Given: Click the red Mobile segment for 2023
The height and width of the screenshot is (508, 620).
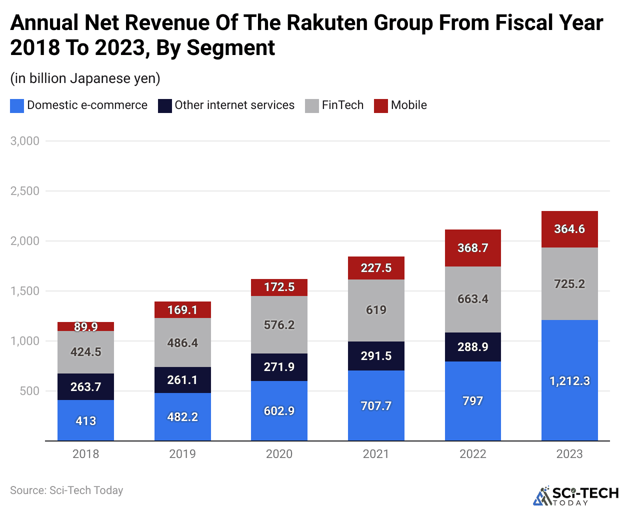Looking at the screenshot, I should (569, 229).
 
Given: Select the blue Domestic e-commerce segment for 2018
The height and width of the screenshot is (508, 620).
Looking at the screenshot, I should (85, 420).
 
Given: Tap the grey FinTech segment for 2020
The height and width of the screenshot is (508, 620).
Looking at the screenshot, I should (279, 324).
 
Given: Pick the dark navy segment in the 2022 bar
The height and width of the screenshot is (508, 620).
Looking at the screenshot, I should (472, 346).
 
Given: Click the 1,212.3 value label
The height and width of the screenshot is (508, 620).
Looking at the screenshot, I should (569, 381).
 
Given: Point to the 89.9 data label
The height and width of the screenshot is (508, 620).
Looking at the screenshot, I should (85, 326).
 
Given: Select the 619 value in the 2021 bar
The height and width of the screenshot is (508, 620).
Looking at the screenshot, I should (376, 310).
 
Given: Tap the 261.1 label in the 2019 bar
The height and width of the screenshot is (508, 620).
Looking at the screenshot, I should (182, 380).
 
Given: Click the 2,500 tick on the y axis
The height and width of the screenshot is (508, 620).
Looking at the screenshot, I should (25, 191).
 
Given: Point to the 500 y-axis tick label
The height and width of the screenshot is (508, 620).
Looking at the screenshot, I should (29, 391).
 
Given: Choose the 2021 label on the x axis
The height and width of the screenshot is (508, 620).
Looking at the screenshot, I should (376, 454).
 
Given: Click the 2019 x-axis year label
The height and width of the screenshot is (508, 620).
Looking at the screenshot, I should (182, 454).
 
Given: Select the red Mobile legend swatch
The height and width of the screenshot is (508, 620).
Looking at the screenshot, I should (381, 105).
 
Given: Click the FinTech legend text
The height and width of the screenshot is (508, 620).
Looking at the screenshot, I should (342, 105).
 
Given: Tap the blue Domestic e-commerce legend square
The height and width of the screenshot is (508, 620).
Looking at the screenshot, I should (17, 105).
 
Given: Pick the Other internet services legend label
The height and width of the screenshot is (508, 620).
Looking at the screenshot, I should (234, 105).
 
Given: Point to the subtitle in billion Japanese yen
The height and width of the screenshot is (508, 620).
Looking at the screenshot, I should (85, 78).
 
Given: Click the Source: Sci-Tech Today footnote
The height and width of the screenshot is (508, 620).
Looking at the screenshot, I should (66, 490).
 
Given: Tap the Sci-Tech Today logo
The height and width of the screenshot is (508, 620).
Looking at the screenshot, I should (575, 495).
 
